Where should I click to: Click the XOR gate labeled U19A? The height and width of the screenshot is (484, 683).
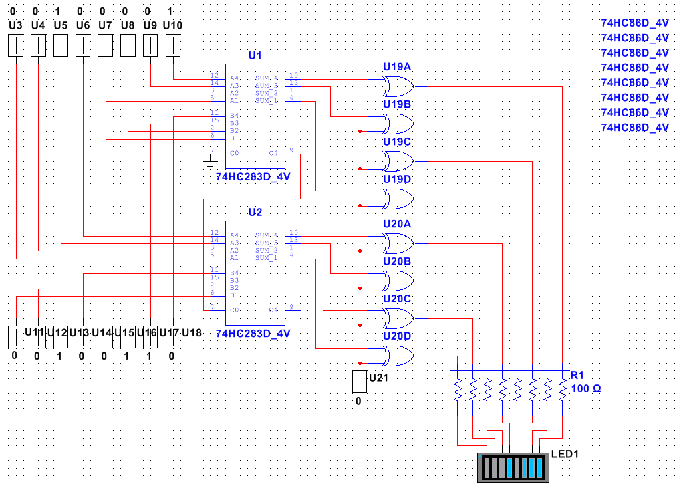click(398, 86)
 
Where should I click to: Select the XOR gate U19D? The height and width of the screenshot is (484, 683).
click(398, 199)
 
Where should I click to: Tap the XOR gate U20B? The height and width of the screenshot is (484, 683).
click(398, 281)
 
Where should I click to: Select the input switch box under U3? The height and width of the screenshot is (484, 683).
click(15, 46)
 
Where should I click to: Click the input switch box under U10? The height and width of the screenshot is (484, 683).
click(173, 46)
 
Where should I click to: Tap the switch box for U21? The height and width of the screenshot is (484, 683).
click(359, 382)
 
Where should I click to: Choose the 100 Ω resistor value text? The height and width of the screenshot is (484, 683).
click(586, 388)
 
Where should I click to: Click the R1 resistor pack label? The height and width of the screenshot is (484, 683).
click(577, 376)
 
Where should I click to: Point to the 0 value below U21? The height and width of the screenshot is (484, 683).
click(358, 401)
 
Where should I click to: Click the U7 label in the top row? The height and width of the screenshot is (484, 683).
click(105, 25)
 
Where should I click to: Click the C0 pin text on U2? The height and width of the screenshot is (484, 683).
click(235, 310)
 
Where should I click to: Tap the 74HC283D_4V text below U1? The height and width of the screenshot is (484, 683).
click(253, 178)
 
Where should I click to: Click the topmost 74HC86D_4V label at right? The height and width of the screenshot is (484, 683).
click(634, 22)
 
